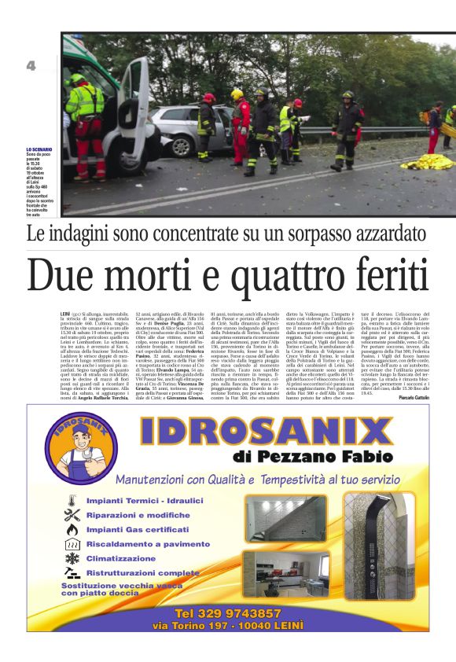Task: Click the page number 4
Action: (x=31, y=66)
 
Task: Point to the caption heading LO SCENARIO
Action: (x=39, y=149)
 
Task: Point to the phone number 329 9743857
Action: (x=228, y=612)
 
